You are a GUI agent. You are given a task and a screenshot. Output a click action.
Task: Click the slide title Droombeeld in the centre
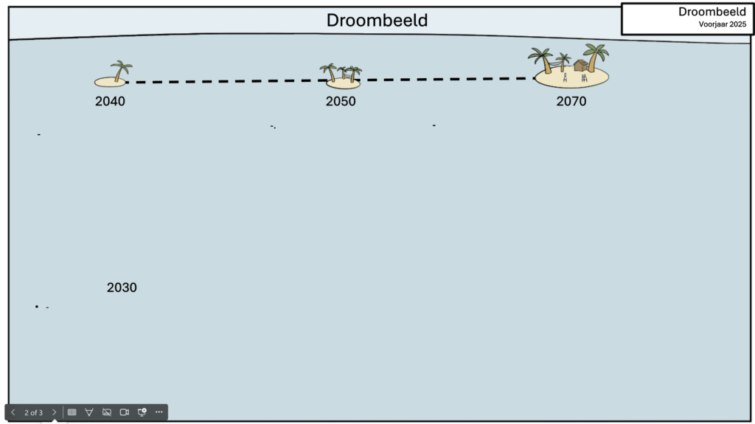[377, 21]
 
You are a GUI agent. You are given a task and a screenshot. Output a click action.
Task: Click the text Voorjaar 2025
[723, 24]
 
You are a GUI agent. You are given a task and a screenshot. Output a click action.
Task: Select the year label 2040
[110, 102]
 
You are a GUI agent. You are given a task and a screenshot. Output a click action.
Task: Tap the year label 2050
[341, 102]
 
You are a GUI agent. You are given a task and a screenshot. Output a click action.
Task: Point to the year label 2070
[571, 102]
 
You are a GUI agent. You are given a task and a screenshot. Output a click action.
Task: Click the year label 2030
[122, 288]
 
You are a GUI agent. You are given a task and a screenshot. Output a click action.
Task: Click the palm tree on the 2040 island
[120, 70]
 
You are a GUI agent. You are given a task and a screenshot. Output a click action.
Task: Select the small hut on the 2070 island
[580, 66]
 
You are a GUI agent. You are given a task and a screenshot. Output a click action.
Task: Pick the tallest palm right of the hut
[594, 56]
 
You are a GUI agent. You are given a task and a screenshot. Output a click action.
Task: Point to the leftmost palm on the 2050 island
[330, 72]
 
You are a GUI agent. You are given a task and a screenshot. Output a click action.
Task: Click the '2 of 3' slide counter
[33, 412]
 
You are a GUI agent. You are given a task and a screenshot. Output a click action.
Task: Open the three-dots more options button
[159, 412]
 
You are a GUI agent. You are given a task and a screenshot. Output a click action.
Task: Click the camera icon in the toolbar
[124, 412]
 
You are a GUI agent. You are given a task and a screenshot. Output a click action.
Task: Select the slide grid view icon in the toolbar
[72, 412]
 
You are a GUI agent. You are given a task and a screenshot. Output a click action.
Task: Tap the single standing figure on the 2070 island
[565, 77]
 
